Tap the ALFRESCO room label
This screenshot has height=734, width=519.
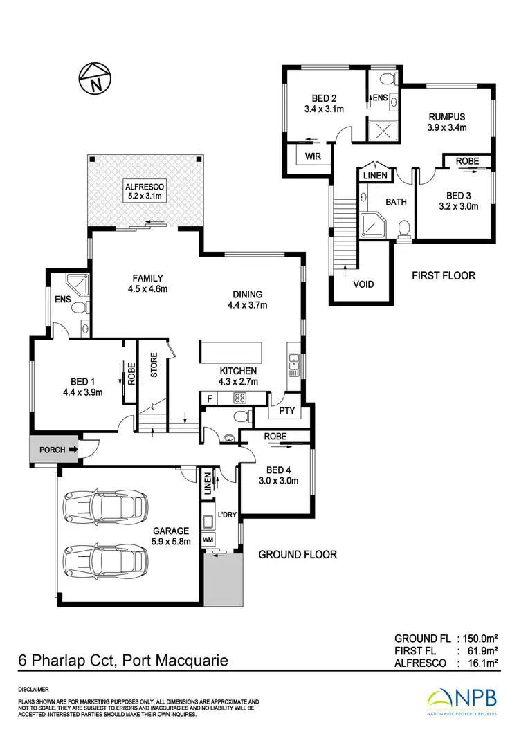coord(143,192)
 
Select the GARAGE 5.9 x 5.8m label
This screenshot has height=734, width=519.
coord(171,536)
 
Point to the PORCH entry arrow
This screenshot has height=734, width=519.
coord(73,450)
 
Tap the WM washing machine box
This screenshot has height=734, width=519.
coord(208,539)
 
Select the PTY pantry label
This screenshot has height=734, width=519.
coord(286,411)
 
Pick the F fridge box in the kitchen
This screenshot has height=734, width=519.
coord(209,398)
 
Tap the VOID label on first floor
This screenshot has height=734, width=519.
coord(364,284)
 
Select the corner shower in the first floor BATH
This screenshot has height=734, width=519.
coord(374,225)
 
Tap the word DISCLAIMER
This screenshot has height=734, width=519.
coord(33,690)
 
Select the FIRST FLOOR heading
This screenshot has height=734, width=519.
coord(444,275)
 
